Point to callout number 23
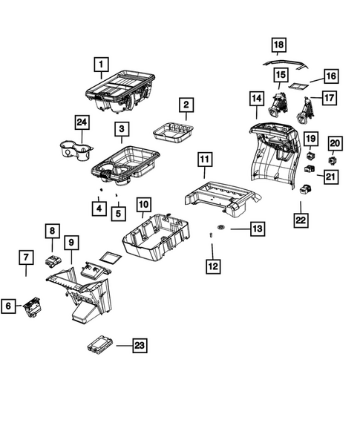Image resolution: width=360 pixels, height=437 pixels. [x=140, y=345]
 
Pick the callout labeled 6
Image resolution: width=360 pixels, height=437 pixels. [x=8, y=304]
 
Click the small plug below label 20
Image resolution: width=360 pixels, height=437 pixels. [x=333, y=159]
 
